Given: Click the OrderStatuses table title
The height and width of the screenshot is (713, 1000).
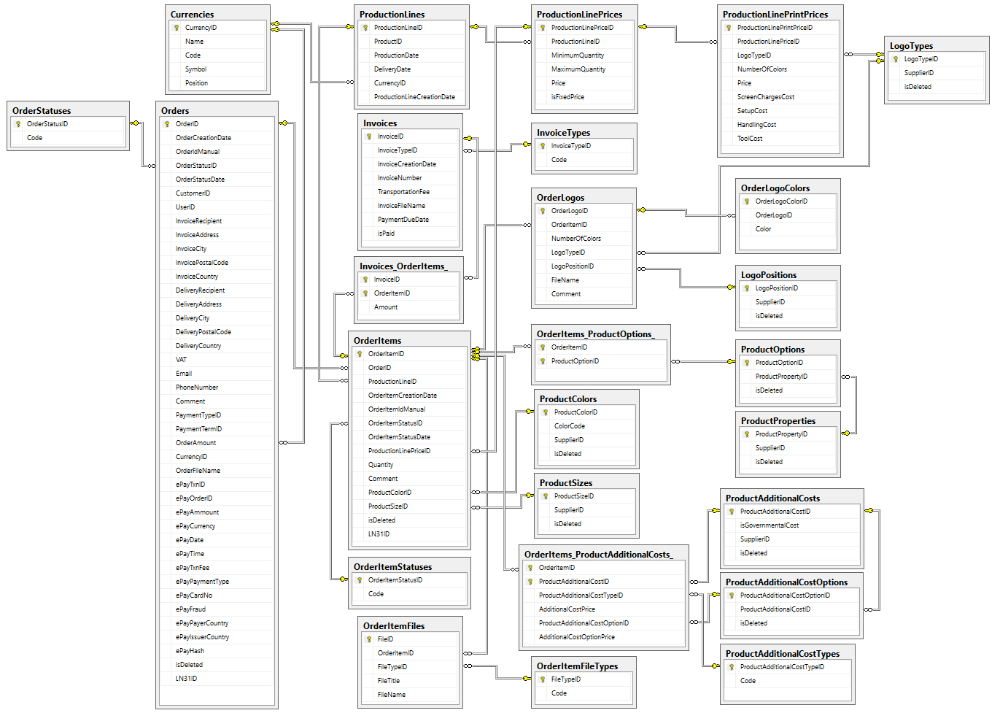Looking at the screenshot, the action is coord(42,111).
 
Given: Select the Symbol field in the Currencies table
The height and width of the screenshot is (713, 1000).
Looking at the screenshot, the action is coord(195,69).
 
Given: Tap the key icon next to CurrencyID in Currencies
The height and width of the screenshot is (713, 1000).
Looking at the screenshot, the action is coord(177,28).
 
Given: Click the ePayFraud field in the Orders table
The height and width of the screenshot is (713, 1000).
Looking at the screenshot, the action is coord(190,609).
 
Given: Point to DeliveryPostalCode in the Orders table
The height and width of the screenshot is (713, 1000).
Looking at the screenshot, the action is coord(203,332).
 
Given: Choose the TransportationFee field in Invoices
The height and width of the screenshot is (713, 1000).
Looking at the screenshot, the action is coord(403,192).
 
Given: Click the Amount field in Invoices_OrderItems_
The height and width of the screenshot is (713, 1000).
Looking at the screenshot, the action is coord(386,307).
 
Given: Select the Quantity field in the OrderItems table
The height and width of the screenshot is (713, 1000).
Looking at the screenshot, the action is coord(381,465).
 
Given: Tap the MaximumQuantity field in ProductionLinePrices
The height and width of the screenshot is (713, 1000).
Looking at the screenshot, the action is coord(578,69).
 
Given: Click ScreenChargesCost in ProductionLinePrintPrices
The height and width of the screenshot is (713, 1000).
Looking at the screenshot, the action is coord(766,97).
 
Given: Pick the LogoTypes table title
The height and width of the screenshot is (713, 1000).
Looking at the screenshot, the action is coord(911,46).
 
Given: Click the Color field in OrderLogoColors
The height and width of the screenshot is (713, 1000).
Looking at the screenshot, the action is coord(763,229).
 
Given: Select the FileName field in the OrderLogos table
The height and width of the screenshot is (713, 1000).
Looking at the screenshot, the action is coord(565,280).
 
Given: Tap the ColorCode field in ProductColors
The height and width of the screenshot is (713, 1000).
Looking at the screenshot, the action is coord(569,426).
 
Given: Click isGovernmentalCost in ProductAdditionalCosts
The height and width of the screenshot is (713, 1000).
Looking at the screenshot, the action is coord(770,525).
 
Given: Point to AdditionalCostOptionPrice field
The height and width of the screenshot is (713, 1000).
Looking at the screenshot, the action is coord(576,637).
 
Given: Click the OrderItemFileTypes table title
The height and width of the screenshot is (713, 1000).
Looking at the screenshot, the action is coord(577,666).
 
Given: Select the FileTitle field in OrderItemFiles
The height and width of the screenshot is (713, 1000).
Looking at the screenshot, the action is coord(388,681).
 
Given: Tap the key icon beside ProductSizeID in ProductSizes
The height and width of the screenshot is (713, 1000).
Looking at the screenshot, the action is coord(546,496).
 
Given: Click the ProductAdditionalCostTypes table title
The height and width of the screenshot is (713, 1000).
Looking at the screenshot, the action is coord(783,654).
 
